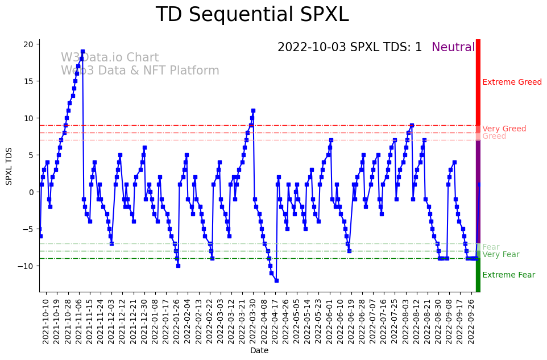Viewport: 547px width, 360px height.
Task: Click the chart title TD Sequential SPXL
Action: [x=252, y=15]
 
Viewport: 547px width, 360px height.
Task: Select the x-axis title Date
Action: [x=259, y=351]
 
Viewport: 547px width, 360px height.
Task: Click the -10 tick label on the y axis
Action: [x=28, y=266]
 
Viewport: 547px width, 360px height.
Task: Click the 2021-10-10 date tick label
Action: [x=47, y=321]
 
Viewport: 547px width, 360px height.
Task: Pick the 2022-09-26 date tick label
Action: [x=471, y=321]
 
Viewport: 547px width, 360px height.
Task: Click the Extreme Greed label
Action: [x=512, y=82]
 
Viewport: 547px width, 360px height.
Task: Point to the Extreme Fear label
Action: [x=508, y=275]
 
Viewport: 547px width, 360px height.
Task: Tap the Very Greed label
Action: [x=504, y=129]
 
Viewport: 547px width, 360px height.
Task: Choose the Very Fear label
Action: [x=501, y=255]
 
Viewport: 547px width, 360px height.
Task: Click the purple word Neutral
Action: [x=453, y=48]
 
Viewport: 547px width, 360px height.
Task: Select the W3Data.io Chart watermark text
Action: [x=110, y=58]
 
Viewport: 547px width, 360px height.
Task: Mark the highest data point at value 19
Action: [x=82, y=52]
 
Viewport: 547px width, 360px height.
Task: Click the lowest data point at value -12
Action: [x=276, y=280]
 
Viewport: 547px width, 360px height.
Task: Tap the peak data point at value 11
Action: [x=253, y=110]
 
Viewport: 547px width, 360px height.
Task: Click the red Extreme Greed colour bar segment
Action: [x=478, y=82]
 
